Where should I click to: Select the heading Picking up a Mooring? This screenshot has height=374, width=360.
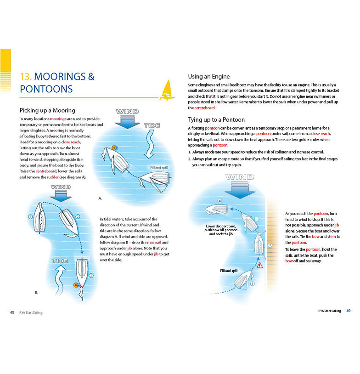pyautogui.click(x=47, y=110)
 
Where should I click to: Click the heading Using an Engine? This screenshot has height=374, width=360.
pyautogui.click(x=209, y=76)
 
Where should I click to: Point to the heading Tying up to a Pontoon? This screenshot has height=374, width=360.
pyautogui.click(x=216, y=119)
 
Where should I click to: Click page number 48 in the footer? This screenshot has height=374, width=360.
pyautogui.click(x=12, y=312)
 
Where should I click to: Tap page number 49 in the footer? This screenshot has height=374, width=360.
pyautogui.click(x=349, y=311)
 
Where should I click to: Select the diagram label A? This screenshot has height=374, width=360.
pyautogui.click(x=100, y=198)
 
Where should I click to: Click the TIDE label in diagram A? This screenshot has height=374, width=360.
pyautogui.click(x=152, y=125)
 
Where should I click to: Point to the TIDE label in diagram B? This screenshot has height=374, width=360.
pyautogui.click(x=60, y=261)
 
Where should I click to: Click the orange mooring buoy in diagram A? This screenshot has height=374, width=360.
pyautogui.click(x=114, y=148)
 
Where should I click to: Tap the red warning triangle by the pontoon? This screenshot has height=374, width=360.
pyautogui.click(x=259, y=265)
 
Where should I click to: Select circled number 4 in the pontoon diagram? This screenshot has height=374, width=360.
pyautogui.click(x=219, y=201)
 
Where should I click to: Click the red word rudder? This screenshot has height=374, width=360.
pyautogui.click(x=53, y=177)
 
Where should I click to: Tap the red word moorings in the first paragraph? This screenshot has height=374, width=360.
pyautogui.click(x=58, y=119)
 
